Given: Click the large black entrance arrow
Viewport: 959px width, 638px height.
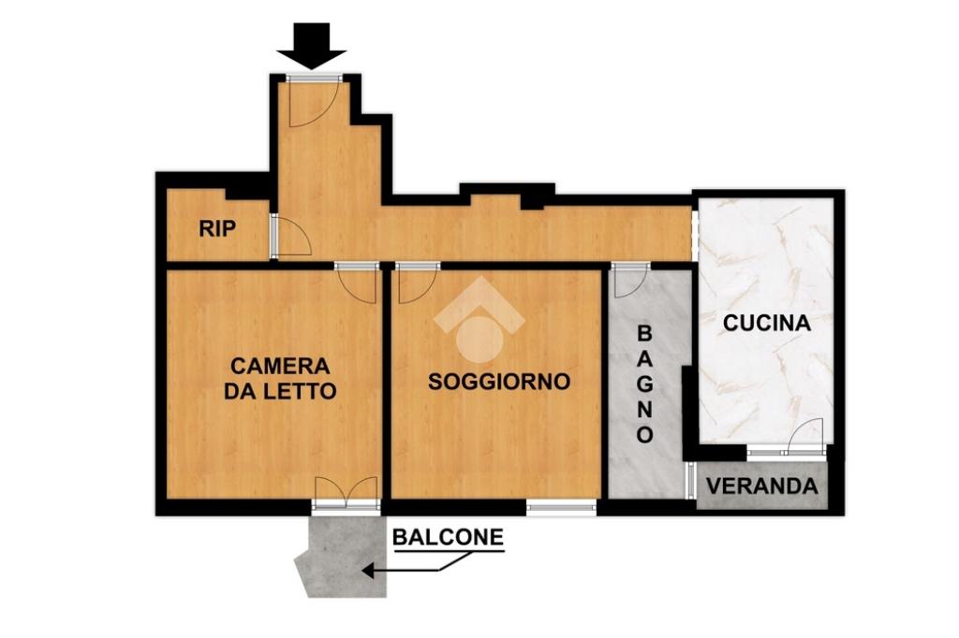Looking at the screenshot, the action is pos(311,46).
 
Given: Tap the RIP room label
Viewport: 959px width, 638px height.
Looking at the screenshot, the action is pos(217,228).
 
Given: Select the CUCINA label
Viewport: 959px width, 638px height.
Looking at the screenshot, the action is pos(767,323).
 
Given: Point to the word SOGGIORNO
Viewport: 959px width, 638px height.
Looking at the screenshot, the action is pos(499,382).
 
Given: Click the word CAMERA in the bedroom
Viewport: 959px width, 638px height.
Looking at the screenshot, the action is pos(280,366).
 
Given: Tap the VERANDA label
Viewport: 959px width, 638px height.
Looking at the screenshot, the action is pos(762,486).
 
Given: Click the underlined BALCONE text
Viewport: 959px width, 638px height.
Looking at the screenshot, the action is pos(449,537).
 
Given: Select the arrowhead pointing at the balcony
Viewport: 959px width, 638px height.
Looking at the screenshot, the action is pos(368,572).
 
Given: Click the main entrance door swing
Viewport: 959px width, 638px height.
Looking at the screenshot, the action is pos(313,103).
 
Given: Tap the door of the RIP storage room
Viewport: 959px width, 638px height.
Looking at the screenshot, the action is pos(292,235).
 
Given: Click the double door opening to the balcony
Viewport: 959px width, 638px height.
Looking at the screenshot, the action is pos(346,493).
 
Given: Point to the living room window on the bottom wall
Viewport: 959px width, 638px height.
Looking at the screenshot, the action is pos(562,506).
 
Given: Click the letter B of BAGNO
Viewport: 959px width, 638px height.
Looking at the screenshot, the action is pos(644,334).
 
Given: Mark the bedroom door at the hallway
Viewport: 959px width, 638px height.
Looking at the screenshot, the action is pos(357,283).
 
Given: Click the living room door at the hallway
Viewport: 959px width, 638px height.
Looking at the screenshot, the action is pos(418,283).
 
